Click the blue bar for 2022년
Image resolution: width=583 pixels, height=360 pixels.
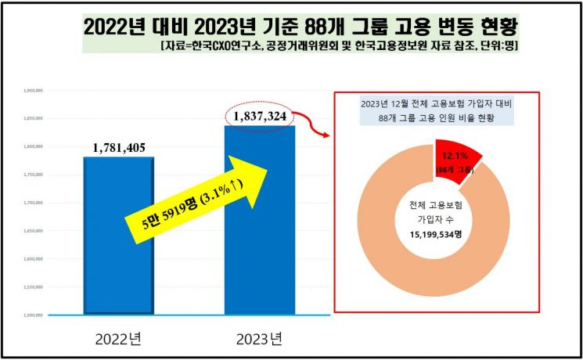click(x=119, y=235)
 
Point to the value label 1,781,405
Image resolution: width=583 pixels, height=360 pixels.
click(x=119, y=147)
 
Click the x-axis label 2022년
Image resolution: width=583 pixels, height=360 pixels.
click(x=120, y=340)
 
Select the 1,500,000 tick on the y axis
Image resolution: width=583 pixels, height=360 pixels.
click(x=32, y=315)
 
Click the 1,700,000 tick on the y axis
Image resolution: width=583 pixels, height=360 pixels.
click(x=32, y=203)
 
